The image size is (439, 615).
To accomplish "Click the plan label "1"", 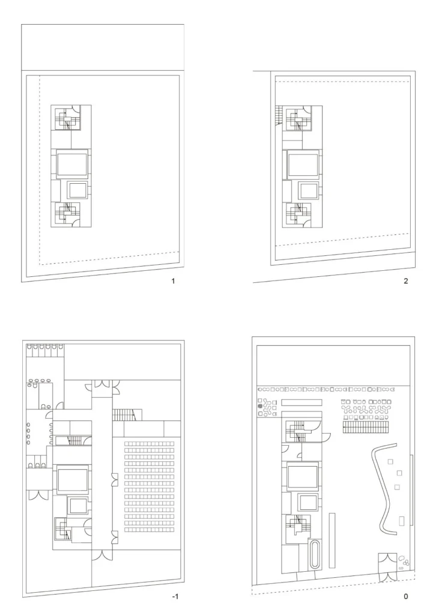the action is click(x=173, y=281).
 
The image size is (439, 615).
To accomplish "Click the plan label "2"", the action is click(x=405, y=281).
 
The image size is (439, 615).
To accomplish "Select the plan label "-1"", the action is click(x=175, y=596).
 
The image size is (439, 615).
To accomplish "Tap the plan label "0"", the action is click(x=405, y=596).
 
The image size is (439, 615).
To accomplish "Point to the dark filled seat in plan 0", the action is click(x=259, y=407).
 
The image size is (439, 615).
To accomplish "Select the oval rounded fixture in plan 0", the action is click(x=315, y=554).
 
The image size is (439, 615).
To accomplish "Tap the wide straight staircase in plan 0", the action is click(x=366, y=427).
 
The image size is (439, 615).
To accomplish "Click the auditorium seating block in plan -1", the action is click(x=149, y=486).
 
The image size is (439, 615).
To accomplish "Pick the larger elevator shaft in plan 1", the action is click(x=72, y=166).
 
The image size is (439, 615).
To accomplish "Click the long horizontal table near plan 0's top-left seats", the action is click(x=301, y=403).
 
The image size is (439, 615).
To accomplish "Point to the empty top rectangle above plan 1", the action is click(x=103, y=47).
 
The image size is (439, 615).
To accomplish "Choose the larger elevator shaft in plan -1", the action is click(x=73, y=480).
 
